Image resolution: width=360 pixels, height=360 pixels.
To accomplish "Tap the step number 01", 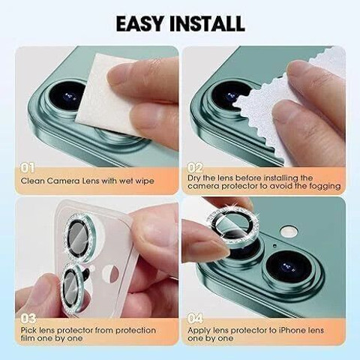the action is (27, 168).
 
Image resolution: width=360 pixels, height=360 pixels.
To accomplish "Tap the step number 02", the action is (195, 168).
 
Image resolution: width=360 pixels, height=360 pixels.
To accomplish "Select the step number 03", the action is (28, 318).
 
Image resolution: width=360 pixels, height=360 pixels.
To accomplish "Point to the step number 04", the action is (196, 318).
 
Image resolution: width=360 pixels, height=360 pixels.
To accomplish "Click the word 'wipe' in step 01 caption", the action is (145, 181).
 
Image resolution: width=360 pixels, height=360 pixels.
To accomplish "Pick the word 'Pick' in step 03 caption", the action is (28, 331).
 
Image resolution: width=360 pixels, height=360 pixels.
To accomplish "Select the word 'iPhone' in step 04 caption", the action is (291, 331).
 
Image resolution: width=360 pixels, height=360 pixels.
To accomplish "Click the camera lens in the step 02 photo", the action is (230, 97).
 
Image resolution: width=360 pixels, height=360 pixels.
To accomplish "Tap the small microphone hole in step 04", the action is (274, 245).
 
